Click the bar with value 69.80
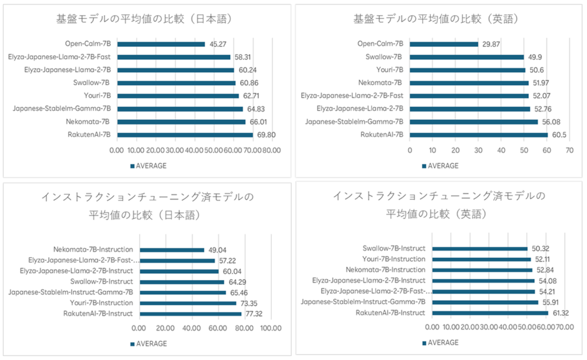click(x=184, y=134)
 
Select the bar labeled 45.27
click(x=160, y=44)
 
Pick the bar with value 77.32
click(x=190, y=314)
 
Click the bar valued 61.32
click(x=490, y=313)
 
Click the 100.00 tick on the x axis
click(x=270, y=328)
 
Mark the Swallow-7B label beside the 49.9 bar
click(x=384, y=57)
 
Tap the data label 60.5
click(x=558, y=134)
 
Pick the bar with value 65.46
click(x=182, y=292)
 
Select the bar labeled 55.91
click(x=485, y=302)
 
